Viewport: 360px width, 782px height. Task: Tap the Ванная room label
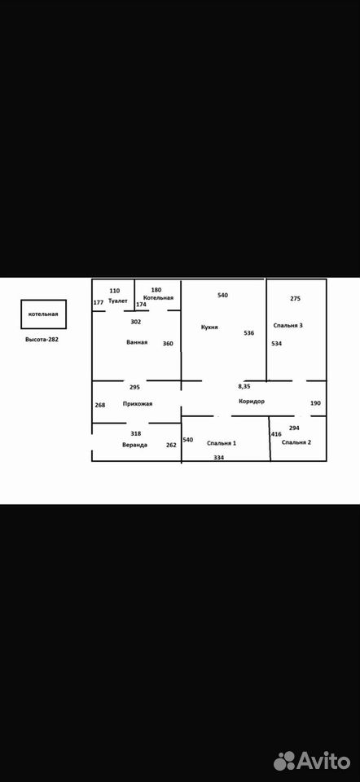pyautogui.click(x=137, y=343)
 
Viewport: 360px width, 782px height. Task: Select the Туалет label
pyautogui.click(x=117, y=301)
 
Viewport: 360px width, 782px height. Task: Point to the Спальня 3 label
pyautogui.click(x=288, y=325)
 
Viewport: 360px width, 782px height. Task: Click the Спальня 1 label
pyautogui.click(x=221, y=443)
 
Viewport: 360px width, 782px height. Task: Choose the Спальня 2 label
pyautogui.click(x=296, y=442)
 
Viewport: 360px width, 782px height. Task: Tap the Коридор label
pyautogui.click(x=252, y=402)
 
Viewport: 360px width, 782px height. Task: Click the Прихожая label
pyautogui.click(x=137, y=404)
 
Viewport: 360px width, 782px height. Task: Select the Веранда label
pyautogui.click(x=134, y=445)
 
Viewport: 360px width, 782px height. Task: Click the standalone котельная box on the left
pyautogui.click(x=43, y=314)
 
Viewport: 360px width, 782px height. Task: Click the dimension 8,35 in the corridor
pyautogui.click(x=244, y=386)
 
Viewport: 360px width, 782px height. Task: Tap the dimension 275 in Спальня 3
pyautogui.click(x=295, y=299)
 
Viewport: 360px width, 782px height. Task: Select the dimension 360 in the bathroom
pyautogui.click(x=168, y=343)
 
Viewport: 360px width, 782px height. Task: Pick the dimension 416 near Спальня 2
pyautogui.click(x=276, y=434)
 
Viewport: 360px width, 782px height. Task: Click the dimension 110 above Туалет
pyautogui.click(x=115, y=291)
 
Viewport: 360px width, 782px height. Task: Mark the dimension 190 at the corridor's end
pyautogui.click(x=316, y=403)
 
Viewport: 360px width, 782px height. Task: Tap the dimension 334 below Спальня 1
pyautogui.click(x=218, y=457)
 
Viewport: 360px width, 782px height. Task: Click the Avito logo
pyautogui.click(x=312, y=761)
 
